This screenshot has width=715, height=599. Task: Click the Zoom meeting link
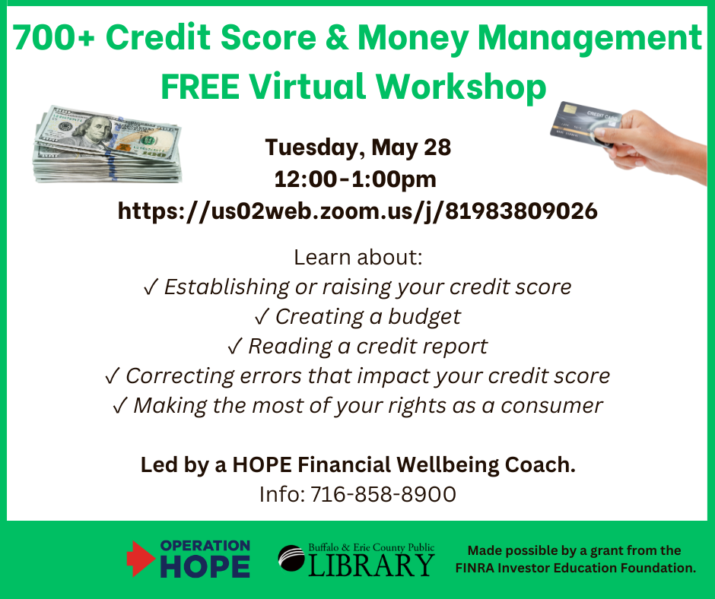click(357, 211)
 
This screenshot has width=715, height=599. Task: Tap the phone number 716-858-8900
click(383, 494)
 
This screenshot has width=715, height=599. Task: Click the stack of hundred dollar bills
click(107, 145)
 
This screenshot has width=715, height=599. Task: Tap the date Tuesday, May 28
click(358, 147)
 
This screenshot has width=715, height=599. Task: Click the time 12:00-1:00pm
click(355, 179)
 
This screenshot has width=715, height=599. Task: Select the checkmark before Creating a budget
click(262, 317)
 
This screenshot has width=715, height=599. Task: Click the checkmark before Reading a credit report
click(235, 347)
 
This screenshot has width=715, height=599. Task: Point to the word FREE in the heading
click(200, 87)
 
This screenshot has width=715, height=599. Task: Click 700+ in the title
click(54, 37)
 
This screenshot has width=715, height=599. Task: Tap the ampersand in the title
click(337, 37)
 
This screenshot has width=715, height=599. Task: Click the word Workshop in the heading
click(461, 87)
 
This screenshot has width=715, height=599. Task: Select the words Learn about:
click(358, 258)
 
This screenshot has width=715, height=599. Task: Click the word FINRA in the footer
click(475, 568)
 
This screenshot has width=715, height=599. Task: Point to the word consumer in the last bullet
click(551, 406)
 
